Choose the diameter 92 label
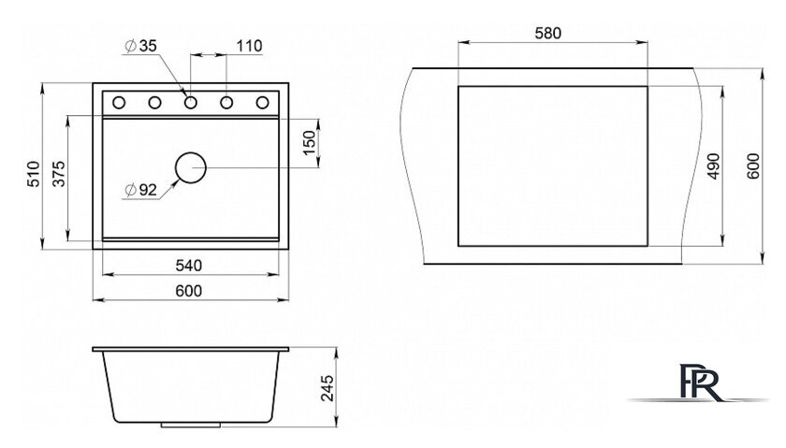[140, 190]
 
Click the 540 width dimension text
[190, 265]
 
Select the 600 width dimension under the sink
[190, 291]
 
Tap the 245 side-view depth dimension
[325, 385]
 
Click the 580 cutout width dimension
[548, 34]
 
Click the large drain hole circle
[191, 167]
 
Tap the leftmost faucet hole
[120, 102]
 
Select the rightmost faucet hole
[263, 102]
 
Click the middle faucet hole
[191, 102]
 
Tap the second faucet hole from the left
[155, 102]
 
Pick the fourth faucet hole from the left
[227, 102]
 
